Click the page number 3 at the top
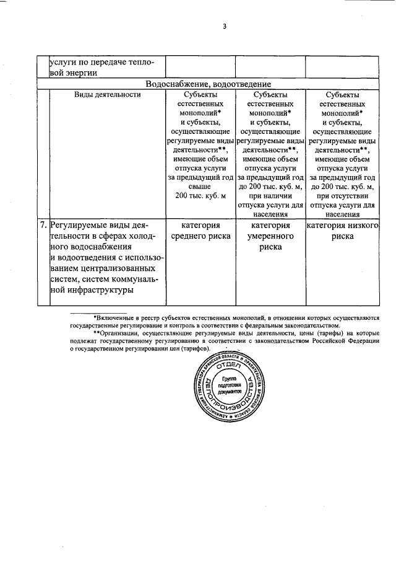[x=225, y=26]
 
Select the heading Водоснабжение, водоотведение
[x=208, y=84]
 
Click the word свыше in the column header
[x=200, y=187]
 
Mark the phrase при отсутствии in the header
[x=342, y=196]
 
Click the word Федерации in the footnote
[x=361, y=340]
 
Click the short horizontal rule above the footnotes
[x=99, y=312]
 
